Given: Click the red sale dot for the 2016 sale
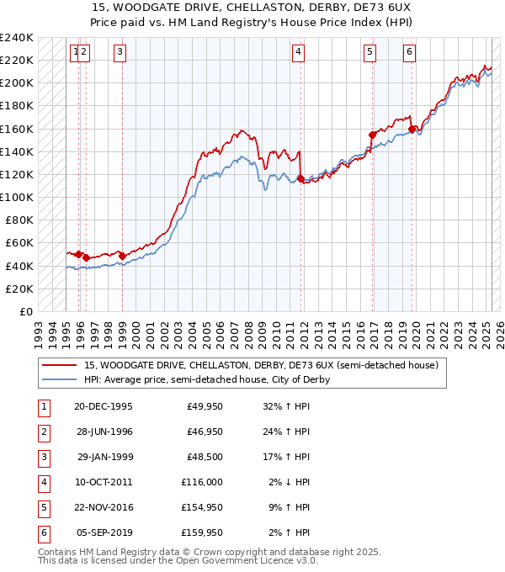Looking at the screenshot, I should [x=371, y=135].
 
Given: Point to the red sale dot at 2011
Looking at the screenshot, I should [x=300, y=178].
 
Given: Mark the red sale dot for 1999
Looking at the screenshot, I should [x=122, y=256].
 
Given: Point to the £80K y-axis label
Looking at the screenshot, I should [x=19, y=220].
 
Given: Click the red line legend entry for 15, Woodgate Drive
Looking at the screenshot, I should [x=261, y=366].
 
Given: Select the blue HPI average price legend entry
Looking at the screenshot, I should [x=206, y=379].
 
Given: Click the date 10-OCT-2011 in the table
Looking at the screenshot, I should [x=104, y=482].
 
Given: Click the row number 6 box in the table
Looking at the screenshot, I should [x=42, y=532].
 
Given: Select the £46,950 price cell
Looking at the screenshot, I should [x=202, y=432].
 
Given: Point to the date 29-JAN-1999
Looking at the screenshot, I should [x=104, y=457].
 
